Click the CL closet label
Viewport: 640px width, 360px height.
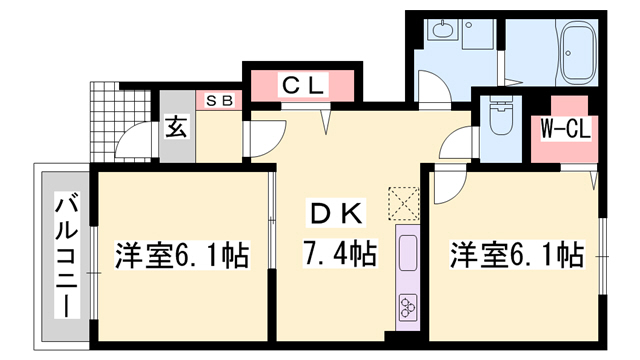tap(300, 86)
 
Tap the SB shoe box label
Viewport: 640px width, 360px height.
tap(220, 101)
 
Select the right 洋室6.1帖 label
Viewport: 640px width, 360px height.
tap(516, 255)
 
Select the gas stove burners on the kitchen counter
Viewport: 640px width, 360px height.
tap(409, 305)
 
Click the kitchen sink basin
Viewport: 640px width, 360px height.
tap(409, 256)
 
